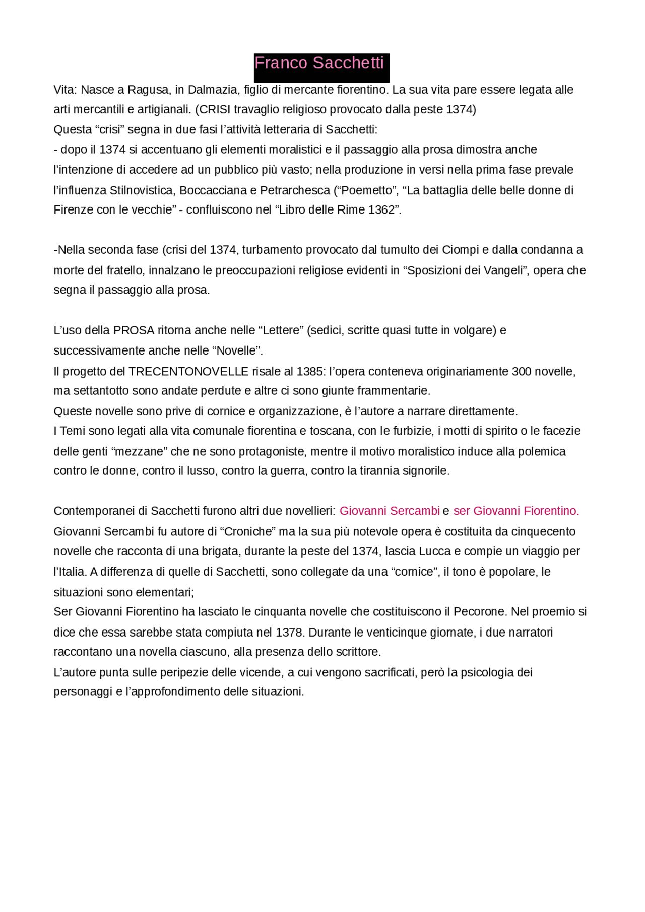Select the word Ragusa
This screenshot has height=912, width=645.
[148, 90]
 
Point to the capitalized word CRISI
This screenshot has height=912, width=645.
[215, 110]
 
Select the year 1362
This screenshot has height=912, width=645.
[381, 210]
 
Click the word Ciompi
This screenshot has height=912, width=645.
[460, 250]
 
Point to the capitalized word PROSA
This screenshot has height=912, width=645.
[134, 331]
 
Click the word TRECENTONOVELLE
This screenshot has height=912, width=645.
[188, 372]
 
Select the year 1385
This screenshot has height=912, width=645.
[310, 372]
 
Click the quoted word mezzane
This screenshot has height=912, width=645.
[139, 451]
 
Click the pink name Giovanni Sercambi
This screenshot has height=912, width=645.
[390, 511]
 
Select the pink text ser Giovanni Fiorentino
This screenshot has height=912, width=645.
[516, 511]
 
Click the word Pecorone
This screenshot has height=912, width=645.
[480, 612]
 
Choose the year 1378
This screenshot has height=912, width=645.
[289, 633]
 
